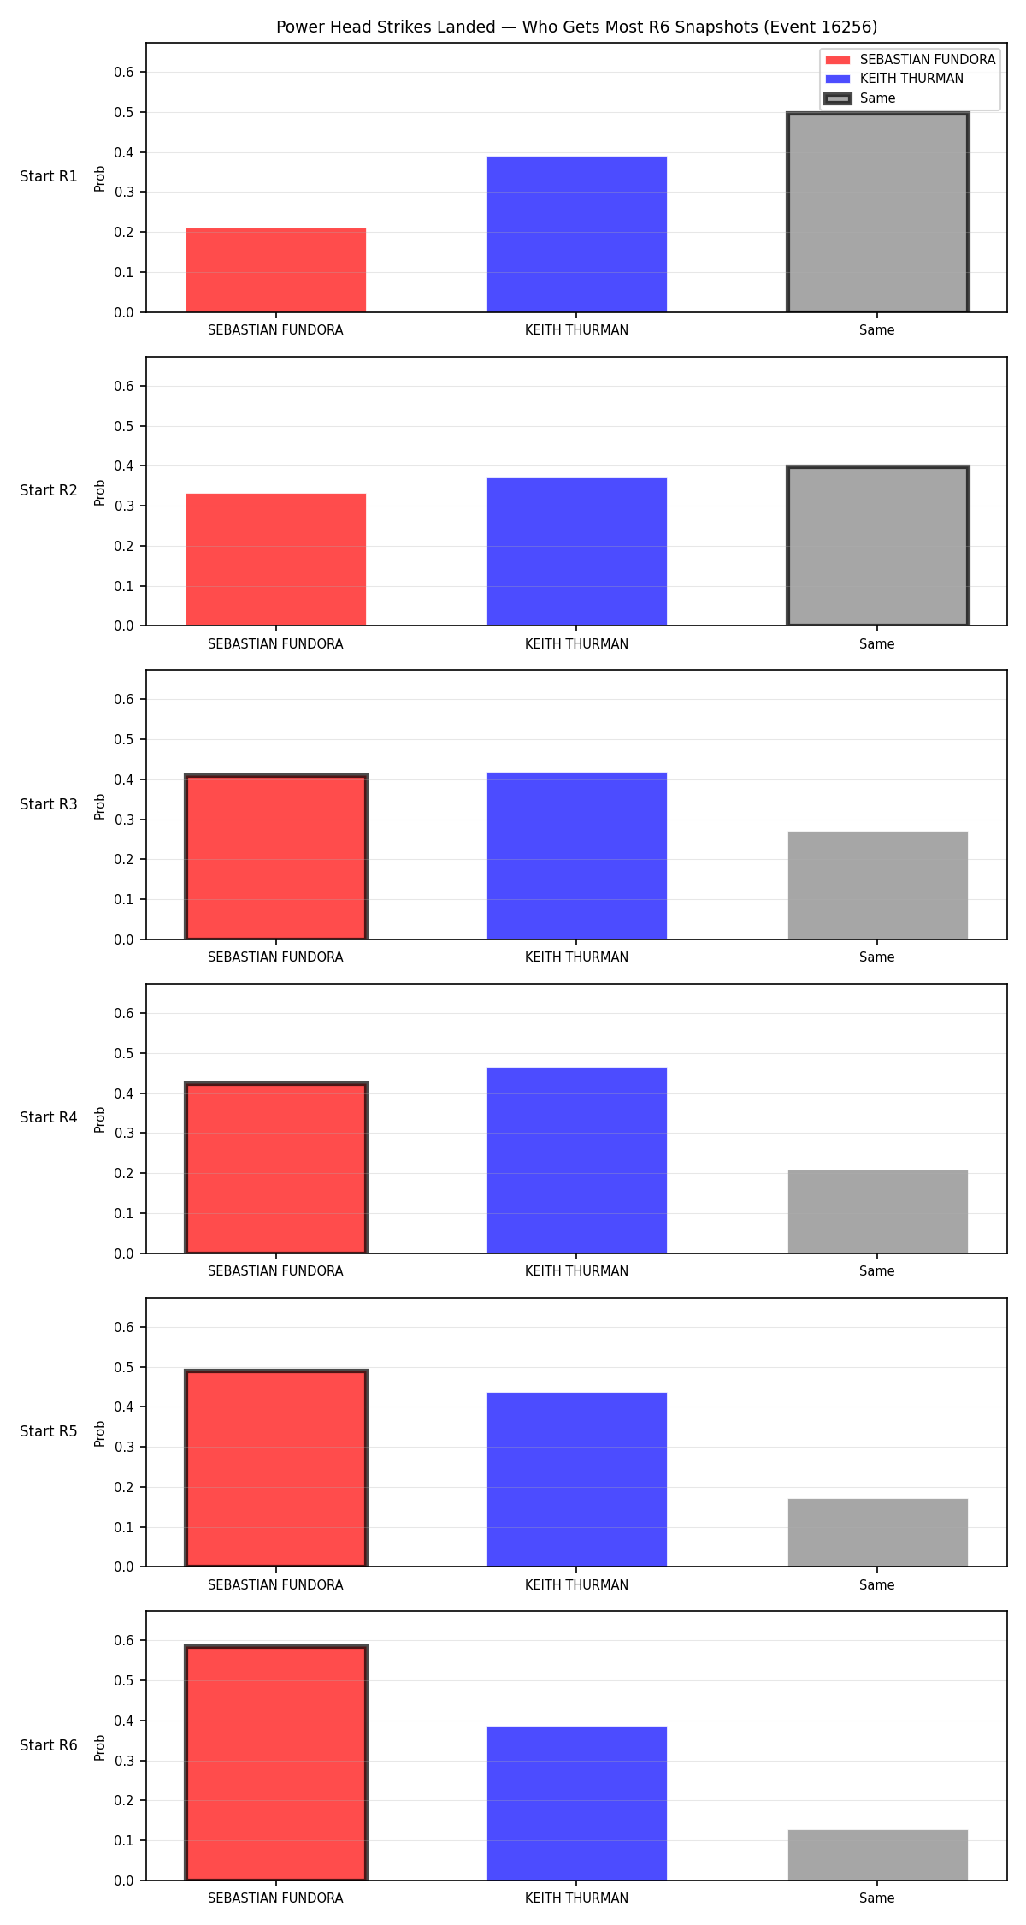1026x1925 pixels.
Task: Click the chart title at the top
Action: pos(576,27)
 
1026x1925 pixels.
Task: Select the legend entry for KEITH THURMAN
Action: pos(894,79)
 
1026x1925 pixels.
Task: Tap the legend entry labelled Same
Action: pos(860,98)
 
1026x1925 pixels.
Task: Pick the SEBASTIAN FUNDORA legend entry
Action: pos(911,59)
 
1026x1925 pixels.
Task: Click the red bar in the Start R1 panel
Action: pos(276,270)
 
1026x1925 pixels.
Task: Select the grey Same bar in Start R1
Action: pos(877,212)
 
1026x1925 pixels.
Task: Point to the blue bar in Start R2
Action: pos(577,552)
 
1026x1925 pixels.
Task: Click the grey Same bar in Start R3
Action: pos(877,885)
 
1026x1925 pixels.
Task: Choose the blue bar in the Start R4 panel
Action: pos(577,1160)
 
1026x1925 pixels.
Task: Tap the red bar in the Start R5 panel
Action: pos(276,1468)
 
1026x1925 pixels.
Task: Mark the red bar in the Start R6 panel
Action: pos(276,1763)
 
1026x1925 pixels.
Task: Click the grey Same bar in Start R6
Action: pos(877,1855)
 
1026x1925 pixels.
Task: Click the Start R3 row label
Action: pos(49,804)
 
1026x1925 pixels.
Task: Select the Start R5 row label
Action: pos(49,1431)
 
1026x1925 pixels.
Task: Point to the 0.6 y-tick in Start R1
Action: pos(124,72)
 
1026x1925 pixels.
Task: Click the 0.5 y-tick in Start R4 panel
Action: pos(124,1053)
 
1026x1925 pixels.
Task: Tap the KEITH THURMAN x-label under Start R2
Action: pos(577,643)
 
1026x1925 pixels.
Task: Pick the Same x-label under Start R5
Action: pos(877,1584)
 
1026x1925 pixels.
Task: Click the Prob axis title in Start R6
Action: pos(100,1747)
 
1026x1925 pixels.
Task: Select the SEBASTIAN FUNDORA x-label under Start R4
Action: pos(275,1270)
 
